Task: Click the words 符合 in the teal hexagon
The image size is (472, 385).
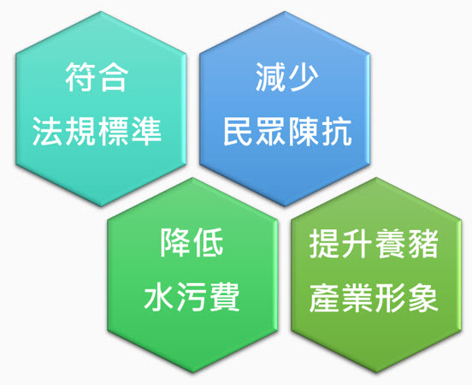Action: (x=97, y=76)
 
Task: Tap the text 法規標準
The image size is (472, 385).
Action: (x=97, y=132)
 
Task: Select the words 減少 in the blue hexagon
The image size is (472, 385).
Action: (x=286, y=76)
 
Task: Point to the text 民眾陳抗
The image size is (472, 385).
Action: (x=287, y=132)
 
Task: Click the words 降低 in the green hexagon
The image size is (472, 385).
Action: (x=192, y=242)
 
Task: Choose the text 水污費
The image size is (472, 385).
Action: (x=192, y=296)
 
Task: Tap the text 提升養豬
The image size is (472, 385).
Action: (x=374, y=243)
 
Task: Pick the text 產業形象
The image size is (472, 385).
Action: (x=374, y=297)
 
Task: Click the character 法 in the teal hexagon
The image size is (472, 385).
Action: (x=47, y=132)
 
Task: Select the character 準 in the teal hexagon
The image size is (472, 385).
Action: (x=147, y=132)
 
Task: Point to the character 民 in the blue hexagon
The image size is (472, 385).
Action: (x=238, y=132)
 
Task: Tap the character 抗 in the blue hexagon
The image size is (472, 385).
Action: (x=337, y=132)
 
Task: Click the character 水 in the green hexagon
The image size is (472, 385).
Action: (x=159, y=297)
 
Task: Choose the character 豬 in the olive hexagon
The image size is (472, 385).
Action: (x=423, y=243)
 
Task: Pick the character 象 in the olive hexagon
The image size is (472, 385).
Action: (x=423, y=297)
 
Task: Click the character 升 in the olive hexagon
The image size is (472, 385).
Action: (x=357, y=243)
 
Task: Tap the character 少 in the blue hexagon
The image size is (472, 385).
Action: (x=304, y=76)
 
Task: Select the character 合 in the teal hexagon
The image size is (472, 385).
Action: (x=113, y=76)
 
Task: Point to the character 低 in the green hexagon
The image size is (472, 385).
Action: (x=208, y=242)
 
